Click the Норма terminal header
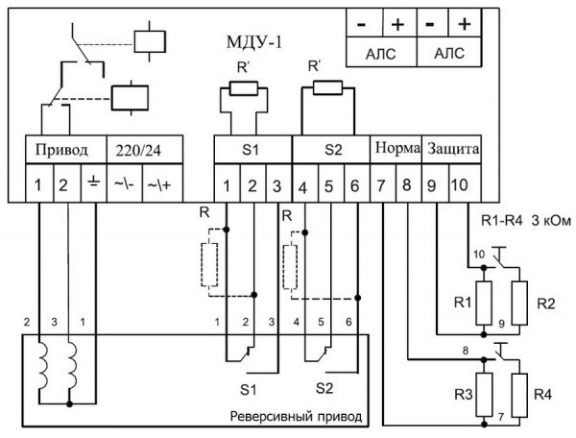click(394, 150)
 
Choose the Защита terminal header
click(451, 150)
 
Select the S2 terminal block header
click(330, 150)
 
